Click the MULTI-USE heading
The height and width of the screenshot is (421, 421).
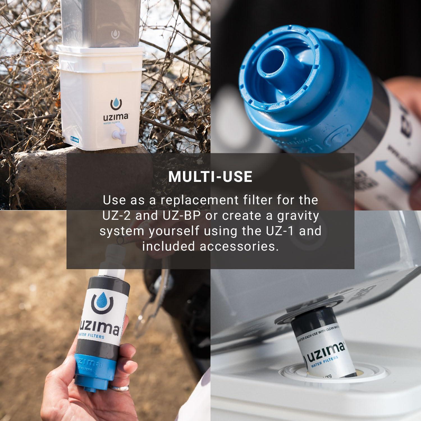pos(210,176)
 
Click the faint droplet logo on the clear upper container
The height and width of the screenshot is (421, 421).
pos(115,34)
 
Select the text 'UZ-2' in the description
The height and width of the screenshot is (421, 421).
pos(118,216)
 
